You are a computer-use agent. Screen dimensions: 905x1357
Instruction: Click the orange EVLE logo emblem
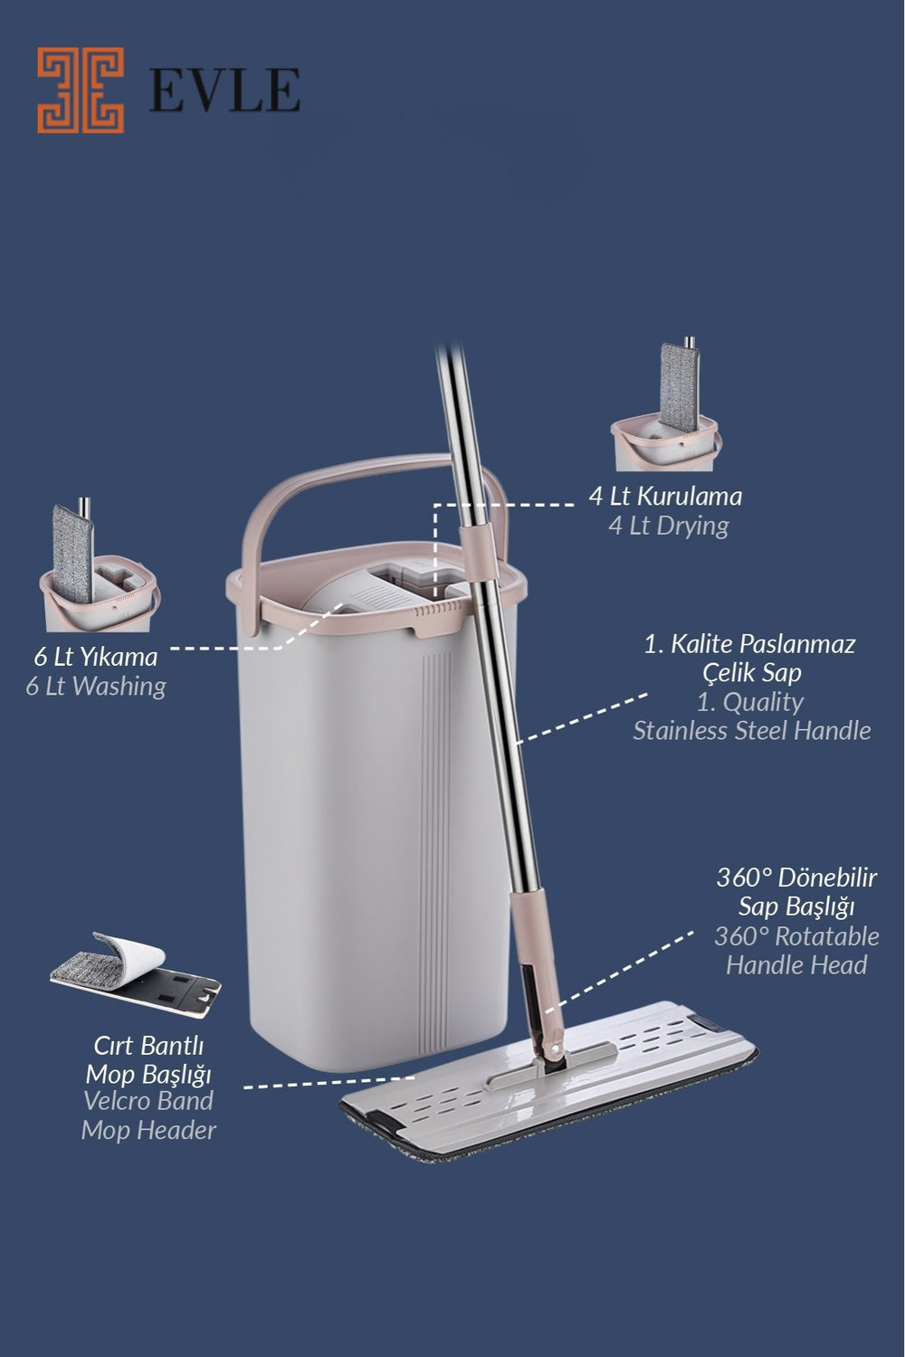click(x=81, y=90)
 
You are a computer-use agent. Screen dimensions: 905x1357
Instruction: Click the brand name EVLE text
click(x=224, y=90)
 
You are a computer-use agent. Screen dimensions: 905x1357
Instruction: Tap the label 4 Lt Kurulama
click(x=665, y=496)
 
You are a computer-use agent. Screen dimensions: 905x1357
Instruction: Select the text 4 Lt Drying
click(x=669, y=526)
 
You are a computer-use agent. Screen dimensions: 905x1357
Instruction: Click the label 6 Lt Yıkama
click(x=96, y=658)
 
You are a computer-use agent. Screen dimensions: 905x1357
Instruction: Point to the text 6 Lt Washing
click(x=96, y=687)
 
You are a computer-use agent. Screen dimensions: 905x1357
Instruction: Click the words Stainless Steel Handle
click(x=752, y=731)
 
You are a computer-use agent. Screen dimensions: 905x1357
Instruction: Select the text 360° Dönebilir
click(x=796, y=878)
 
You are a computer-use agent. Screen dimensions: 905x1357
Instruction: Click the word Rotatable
click(x=827, y=936)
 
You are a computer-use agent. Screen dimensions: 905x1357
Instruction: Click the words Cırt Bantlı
click(x=148, y=1045)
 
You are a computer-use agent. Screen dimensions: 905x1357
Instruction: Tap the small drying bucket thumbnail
click(x=665, y=404)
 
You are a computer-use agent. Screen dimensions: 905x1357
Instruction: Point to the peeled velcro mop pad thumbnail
click(x=135, y=975)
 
